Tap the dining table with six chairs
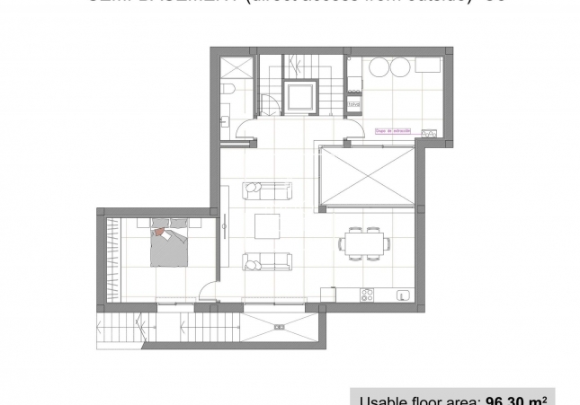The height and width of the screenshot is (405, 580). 364,242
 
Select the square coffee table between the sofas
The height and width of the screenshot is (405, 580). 268,225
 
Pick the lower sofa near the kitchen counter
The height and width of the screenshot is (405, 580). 267,261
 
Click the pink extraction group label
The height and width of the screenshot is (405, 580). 392,132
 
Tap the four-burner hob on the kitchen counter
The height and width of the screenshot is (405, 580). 367,294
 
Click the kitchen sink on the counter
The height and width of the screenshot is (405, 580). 401,294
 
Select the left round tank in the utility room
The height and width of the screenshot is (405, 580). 378,67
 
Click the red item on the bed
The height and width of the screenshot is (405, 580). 159,233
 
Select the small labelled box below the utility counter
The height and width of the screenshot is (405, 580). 352,104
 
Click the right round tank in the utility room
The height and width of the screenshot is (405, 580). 399,67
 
